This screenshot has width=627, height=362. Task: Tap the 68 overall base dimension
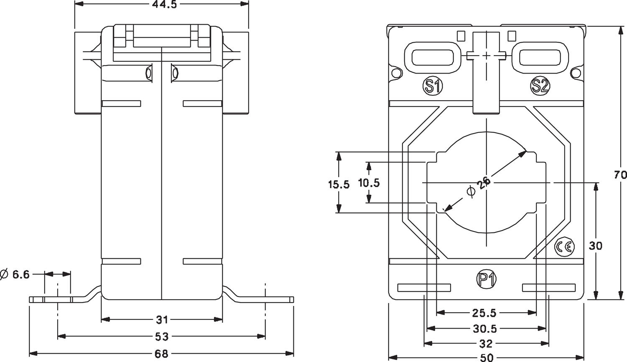coord(161,354)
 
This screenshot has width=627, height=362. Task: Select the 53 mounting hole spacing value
coord(161,336)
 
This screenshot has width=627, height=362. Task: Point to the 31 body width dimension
coord(162,320)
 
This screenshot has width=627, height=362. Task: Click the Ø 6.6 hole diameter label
coord(15,275)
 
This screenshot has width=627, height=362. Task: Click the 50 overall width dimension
coord(486,358)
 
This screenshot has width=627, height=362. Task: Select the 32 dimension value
coord(486,344)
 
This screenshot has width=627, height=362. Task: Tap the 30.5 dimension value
coord(485,329)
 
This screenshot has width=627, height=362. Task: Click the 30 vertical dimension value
coord(595,246)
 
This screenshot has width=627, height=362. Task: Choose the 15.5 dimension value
coord(339,184)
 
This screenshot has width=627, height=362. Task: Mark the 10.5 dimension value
coord(369,183)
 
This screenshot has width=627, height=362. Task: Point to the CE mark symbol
coord(564,247)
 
